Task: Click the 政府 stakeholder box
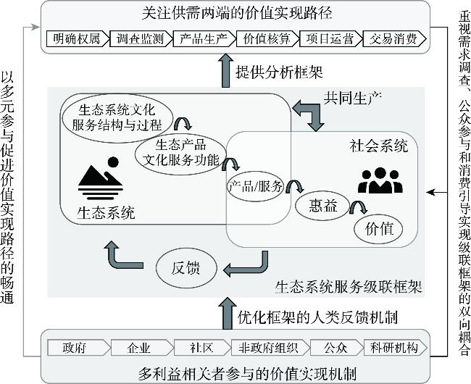(75, 347)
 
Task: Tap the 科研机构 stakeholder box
(392, 347)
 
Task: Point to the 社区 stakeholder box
(201, 347)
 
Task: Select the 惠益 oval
(320, 206)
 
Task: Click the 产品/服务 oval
(254, 185)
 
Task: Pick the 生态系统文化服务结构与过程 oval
(117, 116)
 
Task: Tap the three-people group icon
(380, 180)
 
